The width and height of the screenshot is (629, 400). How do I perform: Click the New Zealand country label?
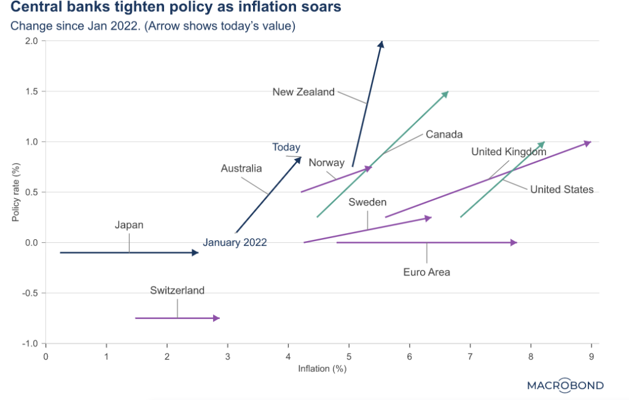pyautogui.click(x=303, y=92)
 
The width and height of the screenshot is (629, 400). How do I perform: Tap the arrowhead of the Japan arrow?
pyautogui.click(x=195, y=252)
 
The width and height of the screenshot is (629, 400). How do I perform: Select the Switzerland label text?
pyautogui.click(x=177, y=291)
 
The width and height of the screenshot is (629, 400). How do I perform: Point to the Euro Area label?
pyautogui.click(x=426, y=272)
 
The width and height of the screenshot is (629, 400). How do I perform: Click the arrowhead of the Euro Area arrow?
pyautogui.click(x=515, y=243)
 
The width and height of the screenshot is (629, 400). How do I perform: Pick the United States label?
pyautogui.click(x=561, y=189)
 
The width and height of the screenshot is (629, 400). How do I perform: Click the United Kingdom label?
pyautogui.click(x=509, y=152)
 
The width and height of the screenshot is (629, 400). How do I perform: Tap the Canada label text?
pyautogui.click(x=443, y=134)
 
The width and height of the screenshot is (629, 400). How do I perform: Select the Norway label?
pyautogui.click(x=326, y=163)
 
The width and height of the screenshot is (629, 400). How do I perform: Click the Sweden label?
pyautogui.click(x=367, y=202)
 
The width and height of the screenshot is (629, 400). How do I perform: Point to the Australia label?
pyautogui.click(x=241, y=168)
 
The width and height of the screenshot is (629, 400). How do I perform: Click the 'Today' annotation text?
pyautogui.click(x=286, y=147)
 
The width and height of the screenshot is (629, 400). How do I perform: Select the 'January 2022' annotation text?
pyautogui.click(x=235, y=242)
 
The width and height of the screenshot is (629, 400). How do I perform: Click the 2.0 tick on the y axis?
pyautogui.click(x=31, y=41)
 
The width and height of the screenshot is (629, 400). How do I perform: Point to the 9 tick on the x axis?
pyautogui.click(x=591, y=356)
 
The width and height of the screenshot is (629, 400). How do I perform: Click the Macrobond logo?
pyautogui.click(x=565, y=385)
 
